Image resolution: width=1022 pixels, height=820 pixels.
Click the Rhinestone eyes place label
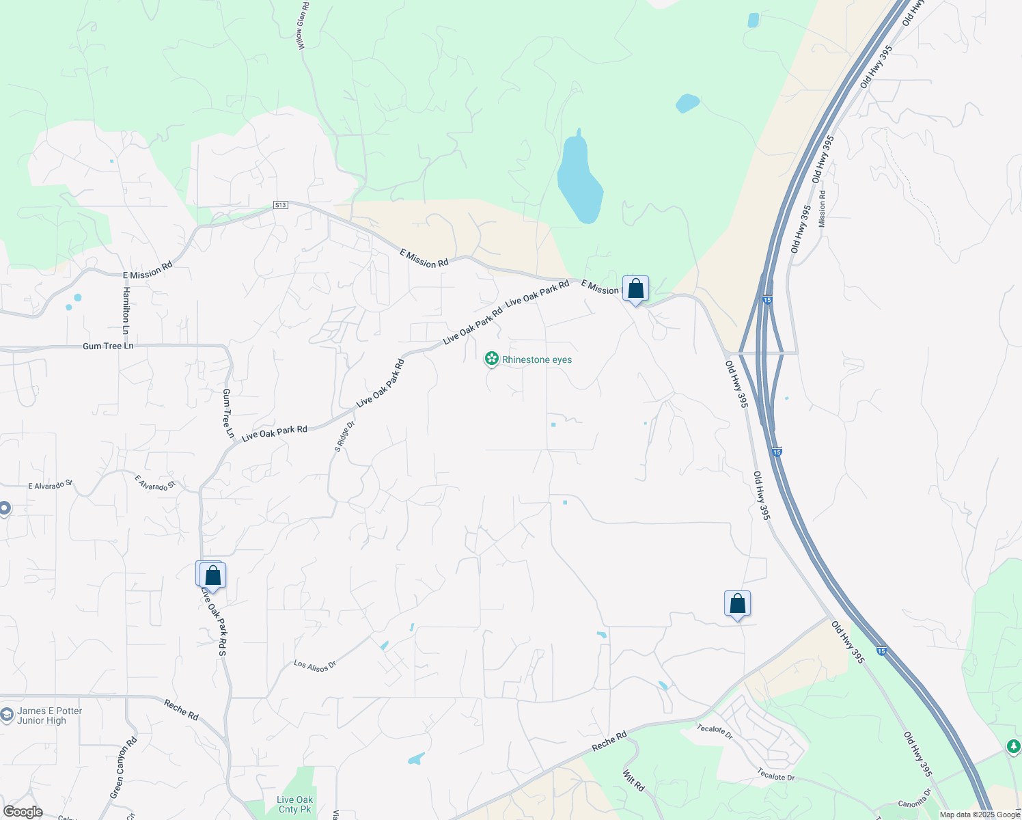coord(537,359)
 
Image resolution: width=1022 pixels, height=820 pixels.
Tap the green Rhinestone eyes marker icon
coord(491,359)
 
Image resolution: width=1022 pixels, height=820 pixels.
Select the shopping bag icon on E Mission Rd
coord(635,289)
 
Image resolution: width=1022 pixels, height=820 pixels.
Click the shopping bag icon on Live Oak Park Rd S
coord(212,575)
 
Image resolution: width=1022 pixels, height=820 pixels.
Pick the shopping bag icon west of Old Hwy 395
coord(737,604)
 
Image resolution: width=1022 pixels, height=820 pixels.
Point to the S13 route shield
coord(280,205)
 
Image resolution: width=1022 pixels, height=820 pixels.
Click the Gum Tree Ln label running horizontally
coord(108,346)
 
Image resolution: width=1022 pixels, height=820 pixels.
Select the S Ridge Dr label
coord(345,436)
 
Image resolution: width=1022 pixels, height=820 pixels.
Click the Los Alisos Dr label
coord(315,666)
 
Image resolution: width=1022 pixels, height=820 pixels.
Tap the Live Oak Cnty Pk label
coord(295,804)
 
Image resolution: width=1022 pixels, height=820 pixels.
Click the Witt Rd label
coord(634,780)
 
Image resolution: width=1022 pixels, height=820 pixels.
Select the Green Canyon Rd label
coord(124,768)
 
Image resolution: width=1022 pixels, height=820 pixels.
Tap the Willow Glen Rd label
coord(303,25)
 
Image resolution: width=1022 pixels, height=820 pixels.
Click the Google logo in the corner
coord(23,812)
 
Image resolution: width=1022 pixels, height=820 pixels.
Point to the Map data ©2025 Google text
coord(980,815)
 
